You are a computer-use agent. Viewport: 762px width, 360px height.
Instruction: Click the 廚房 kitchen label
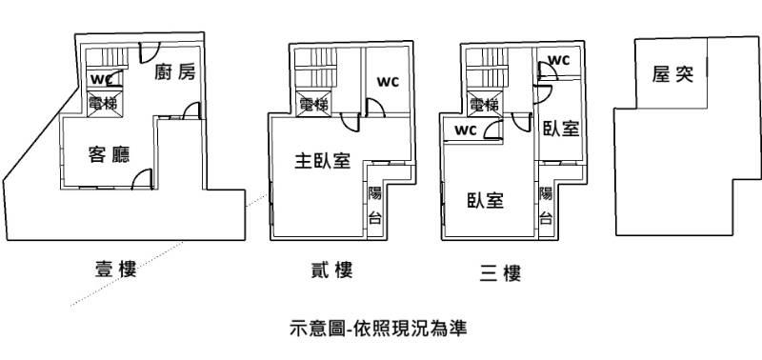(175, 72)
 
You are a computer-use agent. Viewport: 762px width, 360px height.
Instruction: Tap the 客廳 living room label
(110, 154)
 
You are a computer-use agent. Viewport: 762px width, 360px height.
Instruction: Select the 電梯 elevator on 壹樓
(104, 103)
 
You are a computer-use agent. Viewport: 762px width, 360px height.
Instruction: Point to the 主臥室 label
(322, 161)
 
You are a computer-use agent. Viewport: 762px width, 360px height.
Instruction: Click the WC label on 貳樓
(388, 82)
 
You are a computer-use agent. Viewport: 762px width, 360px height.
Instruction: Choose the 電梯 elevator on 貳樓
(313, 104)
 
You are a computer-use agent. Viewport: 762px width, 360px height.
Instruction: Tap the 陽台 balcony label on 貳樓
(374, 206)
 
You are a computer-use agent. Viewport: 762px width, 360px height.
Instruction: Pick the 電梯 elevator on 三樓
(484, 104)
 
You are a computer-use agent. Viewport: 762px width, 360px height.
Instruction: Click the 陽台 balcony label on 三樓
(546, 206)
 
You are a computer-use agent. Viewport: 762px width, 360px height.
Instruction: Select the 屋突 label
(672, 75)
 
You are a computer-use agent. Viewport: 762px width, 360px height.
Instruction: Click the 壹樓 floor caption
(115, 269)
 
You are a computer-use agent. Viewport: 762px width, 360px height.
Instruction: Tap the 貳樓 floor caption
(331, 270)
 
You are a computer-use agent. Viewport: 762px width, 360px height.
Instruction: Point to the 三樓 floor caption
(500, 273)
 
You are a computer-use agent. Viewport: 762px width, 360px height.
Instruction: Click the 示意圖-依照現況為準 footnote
(378, 328)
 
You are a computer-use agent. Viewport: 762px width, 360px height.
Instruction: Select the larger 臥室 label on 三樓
(485, 200)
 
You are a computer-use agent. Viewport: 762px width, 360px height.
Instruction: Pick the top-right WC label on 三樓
(558, 60)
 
